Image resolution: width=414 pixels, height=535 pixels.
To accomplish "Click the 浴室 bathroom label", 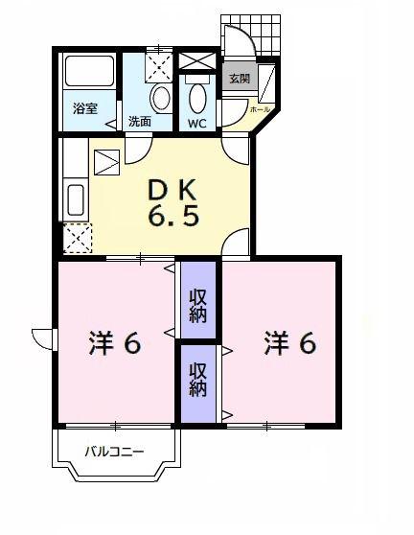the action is pyautogui.click(x=85, y=109).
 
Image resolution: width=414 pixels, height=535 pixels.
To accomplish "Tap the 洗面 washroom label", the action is pyautogui.click(x=140, y=122).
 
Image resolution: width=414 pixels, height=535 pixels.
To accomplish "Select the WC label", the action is pyautogui.click(x=197, y=124).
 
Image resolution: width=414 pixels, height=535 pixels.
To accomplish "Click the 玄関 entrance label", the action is pyautogui.click(x=240, y=79).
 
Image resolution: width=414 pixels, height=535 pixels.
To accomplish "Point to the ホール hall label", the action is pyautogui.click(x=261, y=109).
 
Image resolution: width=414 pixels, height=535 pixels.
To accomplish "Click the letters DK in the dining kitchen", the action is pyautogui.click(x=172, y=190).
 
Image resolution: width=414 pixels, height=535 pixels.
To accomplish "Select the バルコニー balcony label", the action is pyautogui.click(x=114, y=453).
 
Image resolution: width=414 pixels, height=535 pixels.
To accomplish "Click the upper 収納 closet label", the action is pyautogui.click(x=198, y=306).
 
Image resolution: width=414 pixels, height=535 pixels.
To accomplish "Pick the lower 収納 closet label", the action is pyautogui.click(x=198, y=380).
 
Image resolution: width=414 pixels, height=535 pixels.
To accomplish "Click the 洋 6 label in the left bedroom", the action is pyautogui.click(x=115, y=343).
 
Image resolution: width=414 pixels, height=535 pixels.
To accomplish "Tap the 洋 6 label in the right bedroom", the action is pyautogui.click(x=290, y=342).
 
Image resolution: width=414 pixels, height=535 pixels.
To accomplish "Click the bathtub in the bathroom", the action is pyautogui.click(x=89, y=72).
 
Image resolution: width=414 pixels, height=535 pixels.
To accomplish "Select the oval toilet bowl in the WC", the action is pyautogui.click(x=197, y=99).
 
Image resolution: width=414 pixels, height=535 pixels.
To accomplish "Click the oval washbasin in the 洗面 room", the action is pyautogui.click(x=161, y=98).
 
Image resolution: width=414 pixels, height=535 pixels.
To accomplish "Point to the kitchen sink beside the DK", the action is pyautogui.click(x=76, y=200).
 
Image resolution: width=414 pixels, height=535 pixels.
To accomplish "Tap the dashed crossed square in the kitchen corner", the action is pyautogui.click(x=78, y=238).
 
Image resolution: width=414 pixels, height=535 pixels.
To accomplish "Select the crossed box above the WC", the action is pyautogui.click(x=197, y=61).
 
